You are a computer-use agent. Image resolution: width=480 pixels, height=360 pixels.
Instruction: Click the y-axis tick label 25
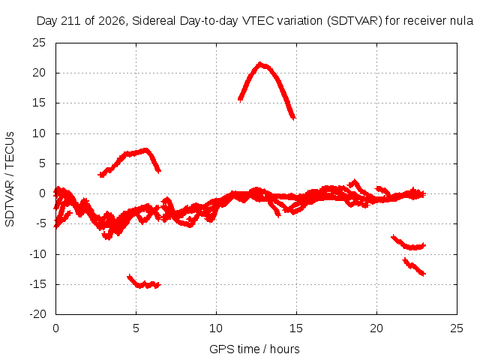coord(39,43)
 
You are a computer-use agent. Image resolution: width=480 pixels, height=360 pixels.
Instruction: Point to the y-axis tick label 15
coord(39,103)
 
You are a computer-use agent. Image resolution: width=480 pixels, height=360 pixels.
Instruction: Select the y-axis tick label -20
coord(37,314)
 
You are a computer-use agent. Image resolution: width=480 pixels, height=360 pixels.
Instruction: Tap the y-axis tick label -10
coord(37,254)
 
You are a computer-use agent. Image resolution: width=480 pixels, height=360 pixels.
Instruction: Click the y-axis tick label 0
coord(42,193)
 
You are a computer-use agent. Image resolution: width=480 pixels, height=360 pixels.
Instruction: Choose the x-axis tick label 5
coord(136,328)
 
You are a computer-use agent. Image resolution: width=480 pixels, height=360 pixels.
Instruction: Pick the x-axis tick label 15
coord(296,328)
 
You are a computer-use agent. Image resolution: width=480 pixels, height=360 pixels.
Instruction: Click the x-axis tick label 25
coord(457,328)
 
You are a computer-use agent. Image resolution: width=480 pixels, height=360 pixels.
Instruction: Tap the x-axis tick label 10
coord(216,328)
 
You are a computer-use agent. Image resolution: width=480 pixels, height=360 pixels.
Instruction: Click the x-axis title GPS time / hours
coord(254,349)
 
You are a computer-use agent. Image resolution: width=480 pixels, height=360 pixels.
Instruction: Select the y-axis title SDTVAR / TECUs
coord(10,179)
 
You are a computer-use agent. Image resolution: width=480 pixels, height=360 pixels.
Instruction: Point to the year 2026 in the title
coord(112,21)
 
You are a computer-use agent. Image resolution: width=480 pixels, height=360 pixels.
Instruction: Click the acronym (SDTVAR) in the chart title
coord(354,21)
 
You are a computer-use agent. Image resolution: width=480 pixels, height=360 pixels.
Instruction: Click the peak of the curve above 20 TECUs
coord(260,64)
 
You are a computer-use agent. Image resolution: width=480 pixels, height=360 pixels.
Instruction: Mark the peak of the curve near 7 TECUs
coord(146,150)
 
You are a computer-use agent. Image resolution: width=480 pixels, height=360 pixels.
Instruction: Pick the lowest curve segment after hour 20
coord(413,267)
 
